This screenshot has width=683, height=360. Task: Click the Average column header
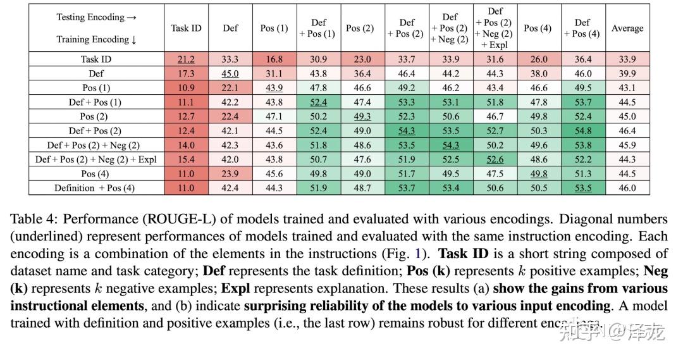click(627, 28)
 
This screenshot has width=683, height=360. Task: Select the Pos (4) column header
click(538, 28)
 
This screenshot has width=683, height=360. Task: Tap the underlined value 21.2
click(186, 59)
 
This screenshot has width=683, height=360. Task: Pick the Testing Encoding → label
click(96, 17)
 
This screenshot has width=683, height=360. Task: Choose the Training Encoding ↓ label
click(96, 39)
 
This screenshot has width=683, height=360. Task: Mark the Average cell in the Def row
click(627, 74)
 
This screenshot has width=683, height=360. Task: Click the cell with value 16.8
click(274, 59)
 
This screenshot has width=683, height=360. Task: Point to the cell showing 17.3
click(186, 74)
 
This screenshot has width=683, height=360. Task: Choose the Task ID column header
click(186, 28)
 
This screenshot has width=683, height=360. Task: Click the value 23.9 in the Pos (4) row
click(230, 174)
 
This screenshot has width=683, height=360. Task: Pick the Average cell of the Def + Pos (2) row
click(627, 131)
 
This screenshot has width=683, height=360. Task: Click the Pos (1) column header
click(274, 28)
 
